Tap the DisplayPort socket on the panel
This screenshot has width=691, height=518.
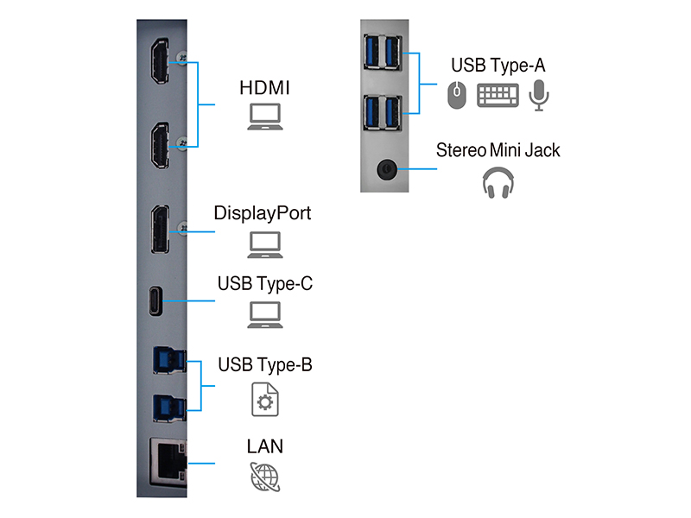tap(161, 230)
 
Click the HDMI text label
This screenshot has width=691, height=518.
tap(264, 88)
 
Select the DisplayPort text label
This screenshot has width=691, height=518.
tap(263, 212)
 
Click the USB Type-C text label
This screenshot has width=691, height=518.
tap(264, 283)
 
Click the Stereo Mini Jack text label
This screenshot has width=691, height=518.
tap(498, 150)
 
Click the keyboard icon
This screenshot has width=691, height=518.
tap(498, 94)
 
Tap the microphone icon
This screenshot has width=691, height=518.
tap(540, 94)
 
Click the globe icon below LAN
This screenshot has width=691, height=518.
tap(264, 477)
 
